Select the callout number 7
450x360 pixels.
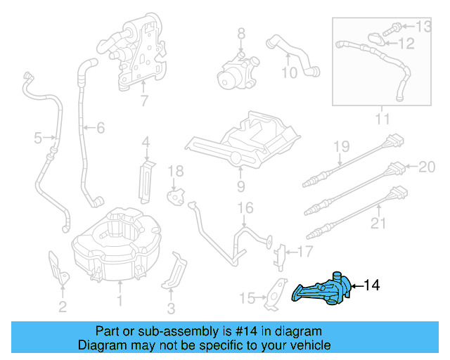pyautogui.click(x=144, y=101)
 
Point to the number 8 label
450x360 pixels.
pyautogui.click(x=240, y=32)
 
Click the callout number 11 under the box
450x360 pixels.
pyautogui.click(x=382, y=120)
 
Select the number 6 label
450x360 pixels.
pyautogui.click(x=100, y=128)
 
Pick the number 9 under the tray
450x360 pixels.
pyautogui.click(x=240, y=186)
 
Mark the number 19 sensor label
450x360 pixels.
pyautogui.click(x=341, y=147)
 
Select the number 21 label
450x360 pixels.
pyautogui.click(x=379, y=224)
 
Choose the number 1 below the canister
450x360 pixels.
pyautogui.click(x=120, y=303)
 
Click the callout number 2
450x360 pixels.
pyautogui.click(x=63, y=306)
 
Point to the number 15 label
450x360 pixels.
pyautogui.click(x=246, y=298)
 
